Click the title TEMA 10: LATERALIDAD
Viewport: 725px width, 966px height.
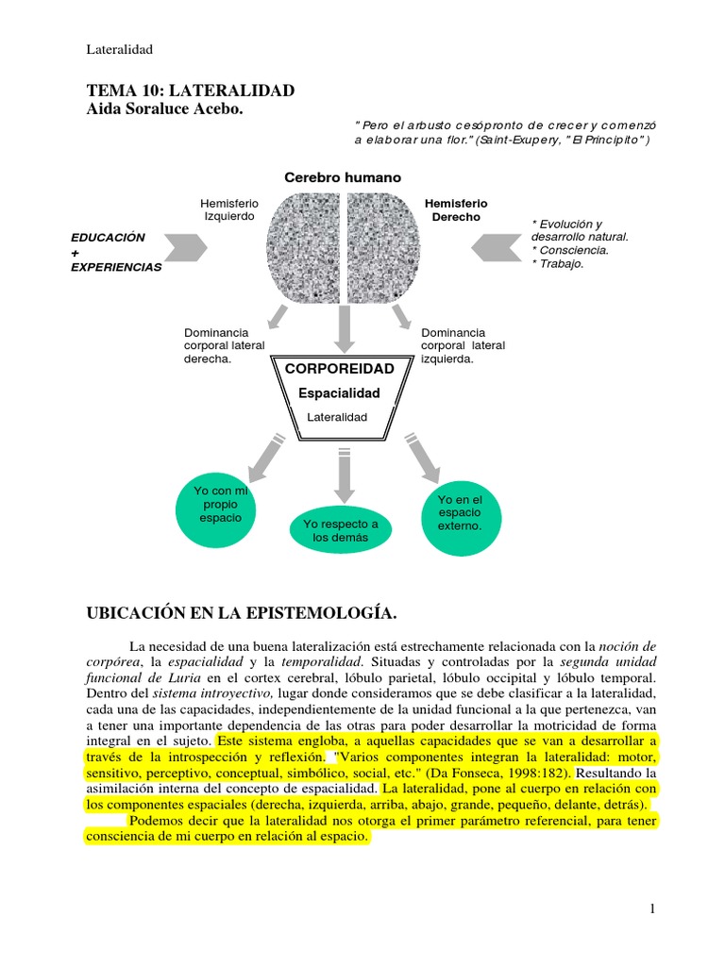coord(191,91)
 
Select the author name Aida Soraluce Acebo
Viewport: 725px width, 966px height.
coord(164,109)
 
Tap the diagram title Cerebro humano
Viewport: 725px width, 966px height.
coord(343,177)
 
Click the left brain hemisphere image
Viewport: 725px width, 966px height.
coord(303,248)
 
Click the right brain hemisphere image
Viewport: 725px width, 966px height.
coord(383,248)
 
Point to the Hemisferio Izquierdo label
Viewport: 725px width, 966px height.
coord(229,209)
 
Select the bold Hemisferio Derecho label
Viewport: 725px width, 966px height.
coord(456,210)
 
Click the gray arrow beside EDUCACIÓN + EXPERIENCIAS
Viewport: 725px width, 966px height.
coord(186,248)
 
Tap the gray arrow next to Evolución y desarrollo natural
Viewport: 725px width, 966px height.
coord(497,248)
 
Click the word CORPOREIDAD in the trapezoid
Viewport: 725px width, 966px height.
coord(340,369)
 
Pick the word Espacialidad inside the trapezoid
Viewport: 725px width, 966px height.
coord(339,393)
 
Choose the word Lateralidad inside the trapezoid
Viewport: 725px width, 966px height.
coord(337,417)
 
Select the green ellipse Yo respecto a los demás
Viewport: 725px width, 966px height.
coord(340,530)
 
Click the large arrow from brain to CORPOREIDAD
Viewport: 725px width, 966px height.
coord(344,329)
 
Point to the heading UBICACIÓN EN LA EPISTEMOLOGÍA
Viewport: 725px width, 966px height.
coord(242,613)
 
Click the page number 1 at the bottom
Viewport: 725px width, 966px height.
coord(652,908)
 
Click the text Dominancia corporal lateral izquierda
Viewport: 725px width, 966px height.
coord(463,345)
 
